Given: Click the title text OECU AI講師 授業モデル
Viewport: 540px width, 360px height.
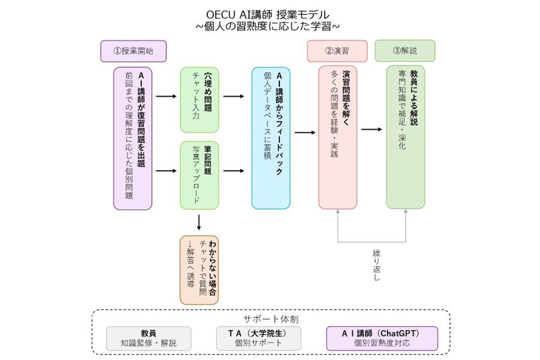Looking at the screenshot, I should click(270, 14).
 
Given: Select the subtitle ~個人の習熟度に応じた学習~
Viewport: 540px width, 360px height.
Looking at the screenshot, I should click(270, 26).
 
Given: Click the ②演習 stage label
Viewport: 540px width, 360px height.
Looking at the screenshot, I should click(337, 51).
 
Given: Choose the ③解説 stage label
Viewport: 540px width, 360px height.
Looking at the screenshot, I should click(404, 51).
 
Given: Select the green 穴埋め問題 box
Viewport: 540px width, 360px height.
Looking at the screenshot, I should click(199, 99).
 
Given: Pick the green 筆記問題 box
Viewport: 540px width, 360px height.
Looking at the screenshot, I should click(199, 175).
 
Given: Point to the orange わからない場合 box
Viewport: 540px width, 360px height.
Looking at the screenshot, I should click(200, 260).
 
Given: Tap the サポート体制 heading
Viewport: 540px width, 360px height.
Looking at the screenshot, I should click(270, 317).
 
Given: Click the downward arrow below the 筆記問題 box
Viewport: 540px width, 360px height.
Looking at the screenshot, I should click(199, 222).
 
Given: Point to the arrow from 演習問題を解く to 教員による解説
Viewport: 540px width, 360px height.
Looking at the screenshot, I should click(373, 129).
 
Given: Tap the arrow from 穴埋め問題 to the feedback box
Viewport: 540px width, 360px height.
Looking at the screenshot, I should click(233, 96).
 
